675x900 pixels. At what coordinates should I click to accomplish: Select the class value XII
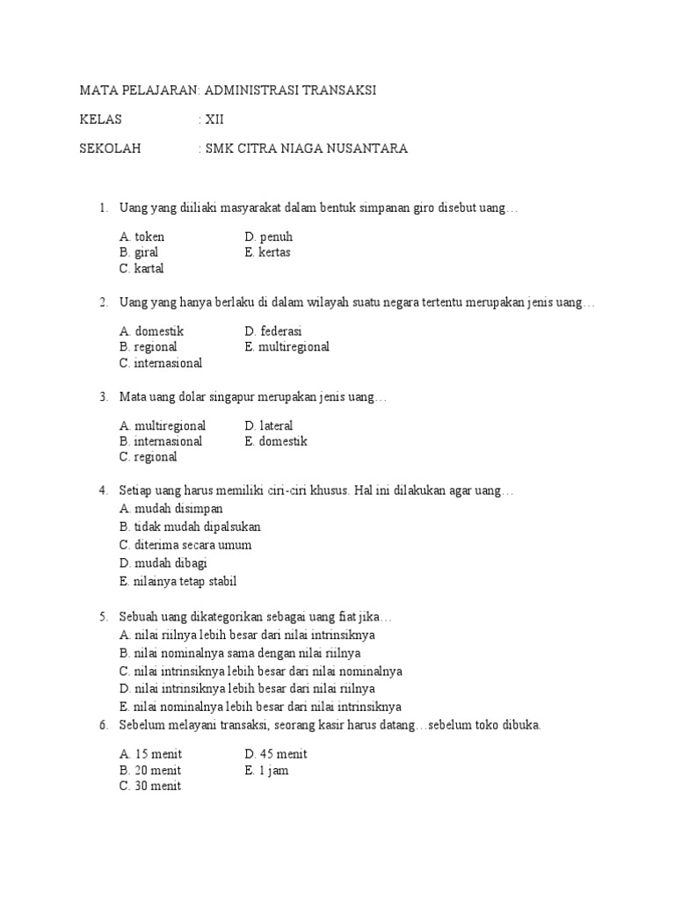[x=214, y=120]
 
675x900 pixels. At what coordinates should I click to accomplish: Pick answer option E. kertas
[x=268, y=252]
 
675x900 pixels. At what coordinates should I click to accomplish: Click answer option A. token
[x=142, y=236]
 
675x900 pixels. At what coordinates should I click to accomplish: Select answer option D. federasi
[x=273, y=331]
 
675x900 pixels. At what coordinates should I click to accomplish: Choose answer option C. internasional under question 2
[x=161, y=362]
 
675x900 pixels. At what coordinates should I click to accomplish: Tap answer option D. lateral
[x=269, y=425]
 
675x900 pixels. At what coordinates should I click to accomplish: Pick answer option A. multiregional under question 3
[x=163, y=425]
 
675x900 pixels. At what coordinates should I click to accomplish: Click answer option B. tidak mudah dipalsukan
[x=190, y=526]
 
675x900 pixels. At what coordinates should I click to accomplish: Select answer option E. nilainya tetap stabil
[x=178, y=581]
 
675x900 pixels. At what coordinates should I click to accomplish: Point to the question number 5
[x=102, y=617]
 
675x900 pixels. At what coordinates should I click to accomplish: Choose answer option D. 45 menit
[x=276, y=754]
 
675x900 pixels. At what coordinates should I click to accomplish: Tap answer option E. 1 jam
[x=267, y=771]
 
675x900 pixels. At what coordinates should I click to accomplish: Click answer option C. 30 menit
[x=150, y=787]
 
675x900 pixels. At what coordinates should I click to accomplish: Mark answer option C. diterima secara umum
[x=185, y=545]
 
